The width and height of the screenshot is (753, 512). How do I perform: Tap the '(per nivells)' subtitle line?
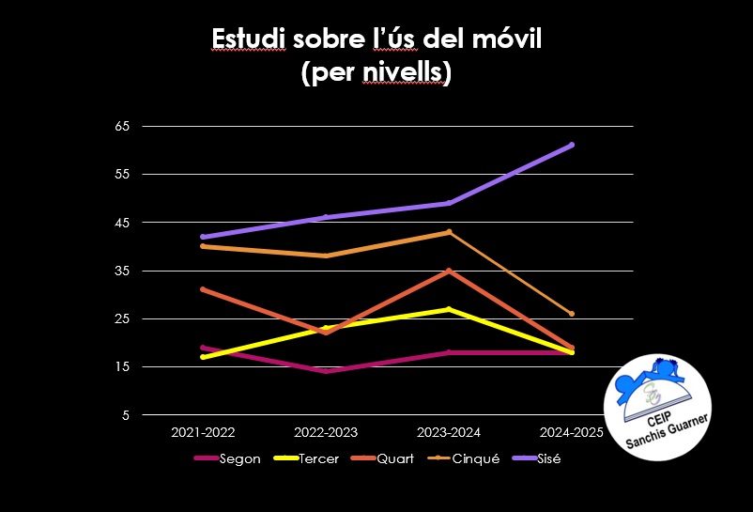[376, 73]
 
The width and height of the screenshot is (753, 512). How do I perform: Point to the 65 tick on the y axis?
[123, 126]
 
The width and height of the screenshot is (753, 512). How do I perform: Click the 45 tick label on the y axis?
[123, 223]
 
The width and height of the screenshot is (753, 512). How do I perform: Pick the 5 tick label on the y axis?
[126, 415]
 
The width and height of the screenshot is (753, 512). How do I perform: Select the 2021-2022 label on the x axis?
[203, 433]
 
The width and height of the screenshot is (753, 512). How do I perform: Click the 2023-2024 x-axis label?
[449, 433]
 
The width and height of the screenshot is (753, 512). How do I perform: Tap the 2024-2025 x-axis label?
[572, 433]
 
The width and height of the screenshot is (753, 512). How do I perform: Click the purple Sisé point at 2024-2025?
[572, 145]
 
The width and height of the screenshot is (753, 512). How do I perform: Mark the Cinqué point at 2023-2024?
[449, 232]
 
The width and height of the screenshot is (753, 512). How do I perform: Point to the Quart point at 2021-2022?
[203, 289]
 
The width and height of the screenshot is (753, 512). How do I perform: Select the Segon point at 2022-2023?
[326, 371]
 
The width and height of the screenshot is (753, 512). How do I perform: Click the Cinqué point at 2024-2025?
[572, 314]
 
